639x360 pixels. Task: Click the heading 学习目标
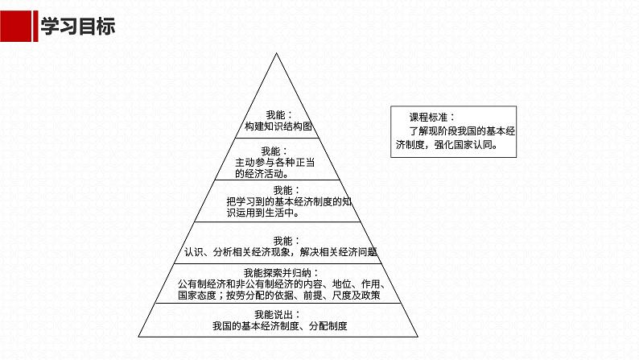point(77,27)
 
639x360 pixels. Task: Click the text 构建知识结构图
point(278,127)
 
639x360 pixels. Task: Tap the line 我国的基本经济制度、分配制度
point(284,326)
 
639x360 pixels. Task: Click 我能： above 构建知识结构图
point(278,115)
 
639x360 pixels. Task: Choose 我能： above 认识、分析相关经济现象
point(287,240)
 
